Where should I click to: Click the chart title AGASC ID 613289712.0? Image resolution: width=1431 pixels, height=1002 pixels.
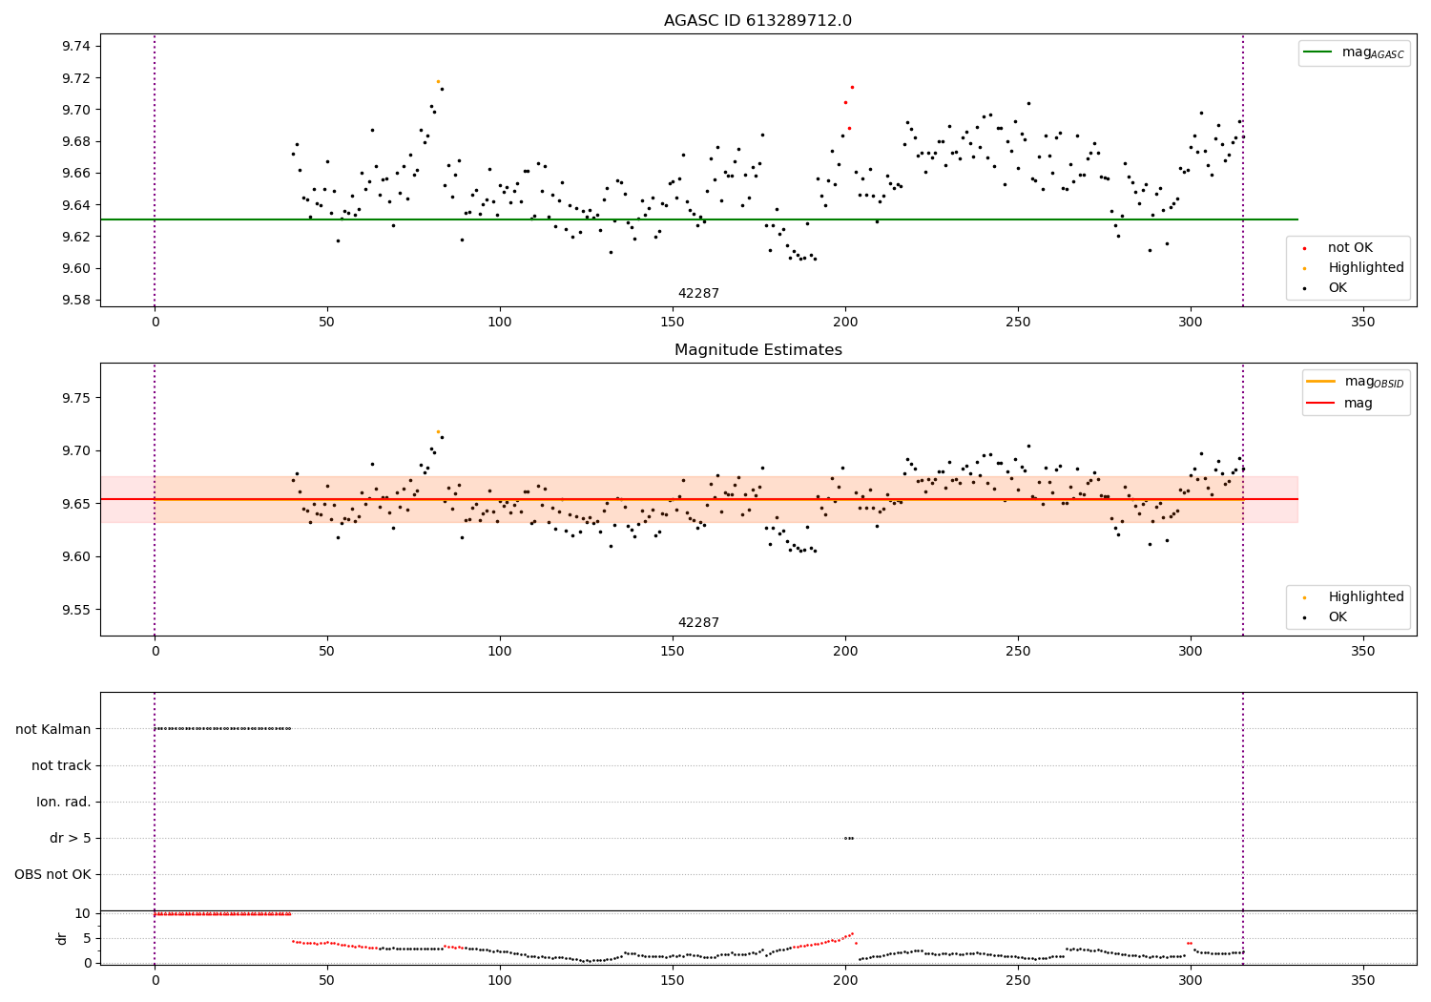tap(757, 21)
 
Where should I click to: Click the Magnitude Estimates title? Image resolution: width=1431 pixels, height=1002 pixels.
tap(757, 350)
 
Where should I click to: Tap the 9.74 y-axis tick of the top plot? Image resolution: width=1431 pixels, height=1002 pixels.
tap(73, 47)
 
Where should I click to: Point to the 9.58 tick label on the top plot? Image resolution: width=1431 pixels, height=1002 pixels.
tap(73, 301)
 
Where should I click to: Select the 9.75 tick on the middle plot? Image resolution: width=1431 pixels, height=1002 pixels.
tap(73, 398)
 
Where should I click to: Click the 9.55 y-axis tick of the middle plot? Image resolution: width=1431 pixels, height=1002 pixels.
tap(73, 610)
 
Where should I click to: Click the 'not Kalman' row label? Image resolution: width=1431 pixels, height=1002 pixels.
tap(53, 729)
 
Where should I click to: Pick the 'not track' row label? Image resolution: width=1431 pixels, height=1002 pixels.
tap(61, 765)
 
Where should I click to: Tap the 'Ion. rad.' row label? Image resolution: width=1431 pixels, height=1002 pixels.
tap(64, 802)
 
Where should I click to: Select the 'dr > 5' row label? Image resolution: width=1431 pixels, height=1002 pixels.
tap(70, 838)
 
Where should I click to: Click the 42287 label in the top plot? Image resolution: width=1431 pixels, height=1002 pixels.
tap(698, 294)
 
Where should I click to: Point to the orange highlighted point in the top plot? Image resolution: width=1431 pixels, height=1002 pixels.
tap(438, 81)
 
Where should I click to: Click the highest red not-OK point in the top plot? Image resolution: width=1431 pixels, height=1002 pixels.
tap(852, 87)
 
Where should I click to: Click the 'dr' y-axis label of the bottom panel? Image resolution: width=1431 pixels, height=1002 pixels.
tap(62, 938)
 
